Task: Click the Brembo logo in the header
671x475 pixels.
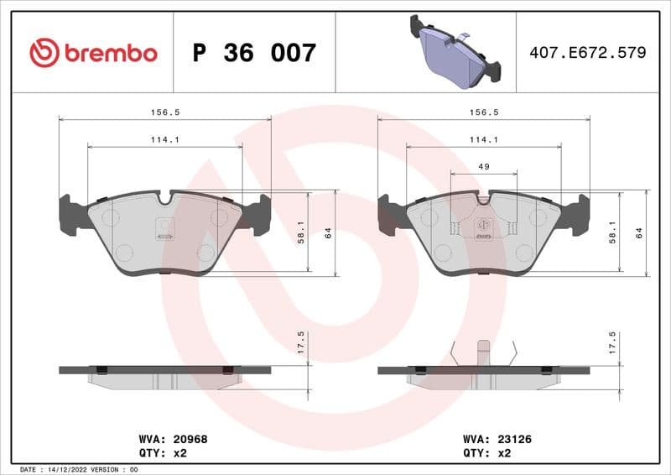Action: click(93, 53)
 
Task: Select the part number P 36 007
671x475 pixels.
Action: click(254, 53)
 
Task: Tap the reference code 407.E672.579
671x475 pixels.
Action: click(587, 53)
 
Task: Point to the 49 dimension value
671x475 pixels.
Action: click(483, 167)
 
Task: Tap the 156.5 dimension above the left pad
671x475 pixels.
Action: click(164, 112)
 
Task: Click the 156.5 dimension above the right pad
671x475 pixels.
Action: click(484, 112)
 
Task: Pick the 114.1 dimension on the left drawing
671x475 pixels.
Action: click(164, 139)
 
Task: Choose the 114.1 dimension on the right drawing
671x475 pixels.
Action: click(484, 139)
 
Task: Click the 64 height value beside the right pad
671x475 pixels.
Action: click(639, 232)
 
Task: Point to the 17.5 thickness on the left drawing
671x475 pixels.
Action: click(301, 342)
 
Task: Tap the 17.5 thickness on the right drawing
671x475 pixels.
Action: click(612, 342)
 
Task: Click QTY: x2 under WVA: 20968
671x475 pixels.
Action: click(160, 452)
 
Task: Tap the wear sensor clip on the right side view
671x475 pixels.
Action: click(483, 352)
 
